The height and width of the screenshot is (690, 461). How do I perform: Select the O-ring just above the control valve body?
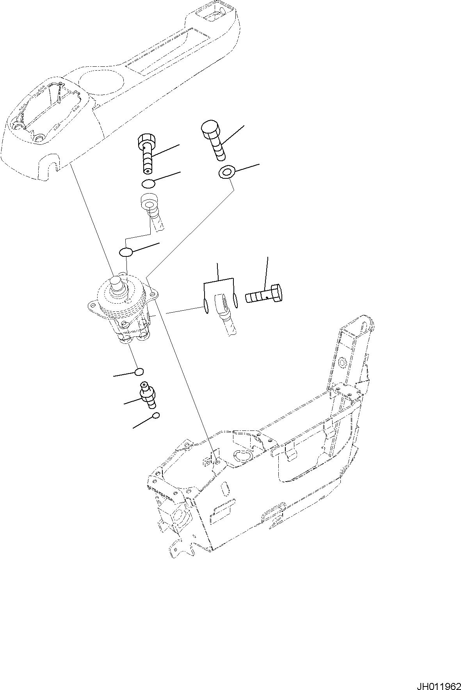coord(126,252)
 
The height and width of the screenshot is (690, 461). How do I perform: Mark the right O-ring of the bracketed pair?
coord(235,300)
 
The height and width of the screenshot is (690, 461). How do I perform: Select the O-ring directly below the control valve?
coord(139,371)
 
